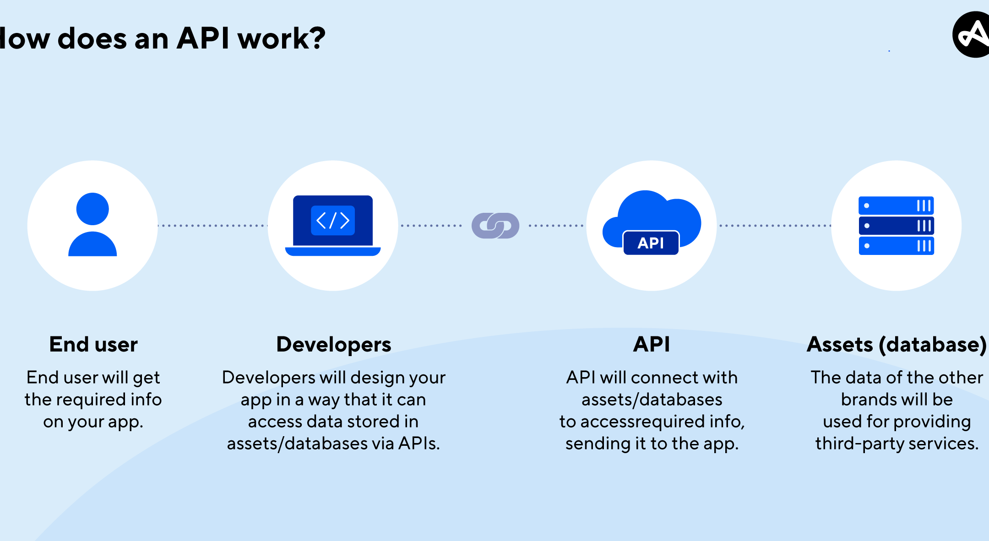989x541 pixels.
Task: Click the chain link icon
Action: pos(495,226)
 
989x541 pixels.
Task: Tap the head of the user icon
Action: pos(92,209)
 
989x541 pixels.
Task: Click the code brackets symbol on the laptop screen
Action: pos(333,221)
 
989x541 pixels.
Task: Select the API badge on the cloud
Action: pos(651,243)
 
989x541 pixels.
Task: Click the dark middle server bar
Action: pos(896,226)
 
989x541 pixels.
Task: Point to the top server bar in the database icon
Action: pos(896,206)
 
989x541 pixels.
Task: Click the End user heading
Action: pos(93,344)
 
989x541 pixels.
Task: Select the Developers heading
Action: pos(334,344)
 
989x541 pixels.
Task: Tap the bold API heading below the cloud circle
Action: pos(652,344)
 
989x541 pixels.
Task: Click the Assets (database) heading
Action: pos(896,344)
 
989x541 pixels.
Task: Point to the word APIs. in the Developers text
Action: pos(419,444)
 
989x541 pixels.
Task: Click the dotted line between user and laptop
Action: pos(213,226)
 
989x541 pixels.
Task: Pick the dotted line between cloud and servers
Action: pos(775,226)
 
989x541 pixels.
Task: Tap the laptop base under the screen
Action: pos(333,251)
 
